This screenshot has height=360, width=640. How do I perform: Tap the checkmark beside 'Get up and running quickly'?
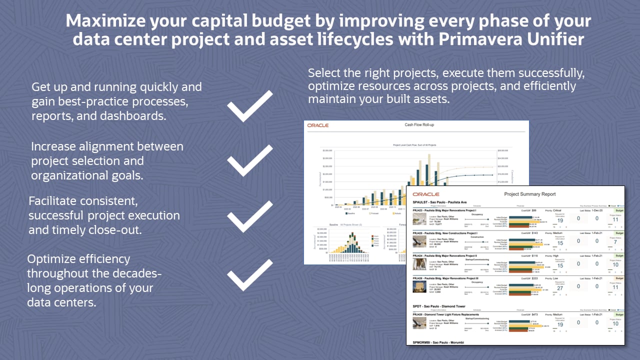[x=250, y=106]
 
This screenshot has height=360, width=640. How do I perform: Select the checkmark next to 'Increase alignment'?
[x=250, y=160]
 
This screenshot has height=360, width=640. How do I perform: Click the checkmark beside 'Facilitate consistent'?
[x=250, y=216]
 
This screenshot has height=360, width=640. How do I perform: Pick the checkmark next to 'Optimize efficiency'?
[x=250, y=275]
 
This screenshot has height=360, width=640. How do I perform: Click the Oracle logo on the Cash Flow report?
[x=318, y=125]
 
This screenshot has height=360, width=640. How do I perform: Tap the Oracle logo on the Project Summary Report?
[x=426, y=194]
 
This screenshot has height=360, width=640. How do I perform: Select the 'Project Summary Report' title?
[x=529, y=194]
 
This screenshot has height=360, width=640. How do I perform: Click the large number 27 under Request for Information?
[x=560, y=288]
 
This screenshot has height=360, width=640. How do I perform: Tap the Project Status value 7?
[x=615, y=242]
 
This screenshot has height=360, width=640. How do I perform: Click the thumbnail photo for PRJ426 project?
[x=419, y=286]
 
